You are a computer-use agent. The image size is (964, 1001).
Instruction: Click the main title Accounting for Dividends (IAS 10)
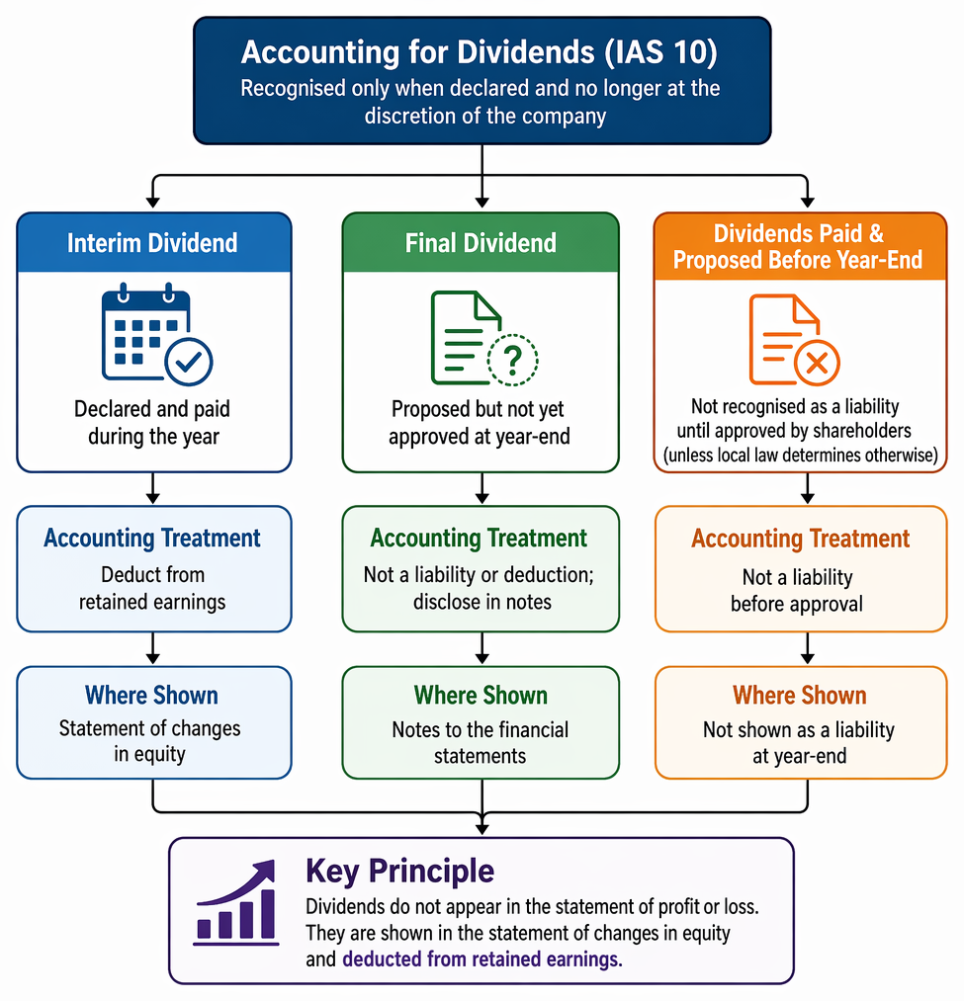(480, 51)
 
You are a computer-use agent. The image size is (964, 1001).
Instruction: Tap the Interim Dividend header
(152, 243)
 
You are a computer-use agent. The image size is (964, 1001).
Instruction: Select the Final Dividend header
(481, 243)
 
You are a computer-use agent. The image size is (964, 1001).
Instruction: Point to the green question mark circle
(512, 360)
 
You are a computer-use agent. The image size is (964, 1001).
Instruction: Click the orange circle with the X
(817, 364)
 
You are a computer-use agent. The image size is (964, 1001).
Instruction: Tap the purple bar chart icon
(235, 901)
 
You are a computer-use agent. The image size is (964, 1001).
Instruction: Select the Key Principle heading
(399, 871)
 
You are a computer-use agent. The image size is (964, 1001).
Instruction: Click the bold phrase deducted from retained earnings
(482, 959)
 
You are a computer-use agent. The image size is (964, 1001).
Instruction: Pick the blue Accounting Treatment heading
(152, 539)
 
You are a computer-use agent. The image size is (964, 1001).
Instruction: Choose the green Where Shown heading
(481, 696)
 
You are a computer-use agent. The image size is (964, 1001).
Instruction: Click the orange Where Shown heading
(799, 696)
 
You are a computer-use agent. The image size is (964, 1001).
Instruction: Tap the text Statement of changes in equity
(150, 741)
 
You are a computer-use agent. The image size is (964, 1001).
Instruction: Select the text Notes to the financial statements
(481, 742)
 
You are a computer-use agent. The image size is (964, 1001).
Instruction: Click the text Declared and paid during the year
(152, 423)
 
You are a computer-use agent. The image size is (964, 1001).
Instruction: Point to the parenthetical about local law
(801, 456)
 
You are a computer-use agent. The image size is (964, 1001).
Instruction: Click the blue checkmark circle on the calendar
(189, 362)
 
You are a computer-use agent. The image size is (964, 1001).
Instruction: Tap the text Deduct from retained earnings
(152, 588)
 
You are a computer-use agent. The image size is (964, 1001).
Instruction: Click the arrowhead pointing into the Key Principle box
(482, 829)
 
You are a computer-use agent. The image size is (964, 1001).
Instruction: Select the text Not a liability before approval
(797, 591)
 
